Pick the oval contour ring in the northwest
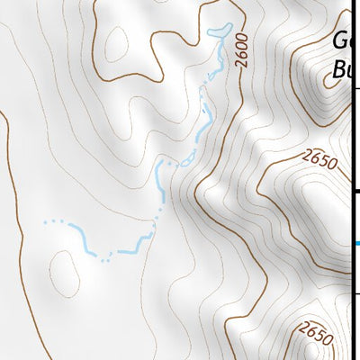click(114, 40)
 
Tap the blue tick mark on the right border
click(356, 243)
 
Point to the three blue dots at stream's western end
click(55, 220)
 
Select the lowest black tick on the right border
click(356, 293)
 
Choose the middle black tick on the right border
click(356, 192)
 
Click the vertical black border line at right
click(352, 135)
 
